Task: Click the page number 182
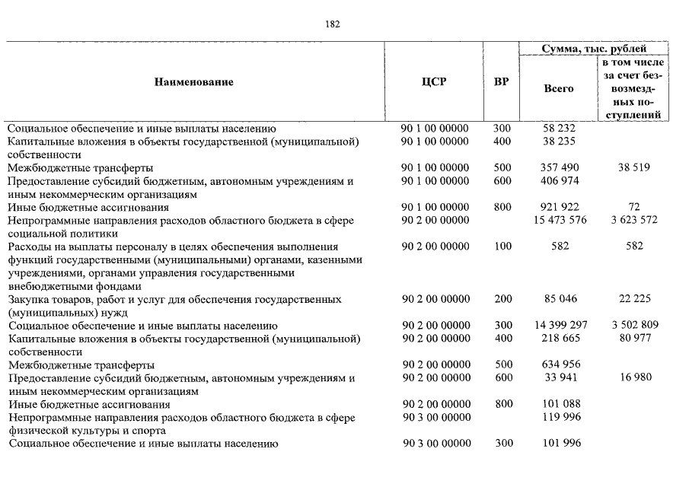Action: click(333, 24)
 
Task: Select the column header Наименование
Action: click(193, 82)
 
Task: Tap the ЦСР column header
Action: click(434, 82)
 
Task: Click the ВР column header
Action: click(502, 82)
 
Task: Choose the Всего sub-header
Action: click(559, 88)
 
